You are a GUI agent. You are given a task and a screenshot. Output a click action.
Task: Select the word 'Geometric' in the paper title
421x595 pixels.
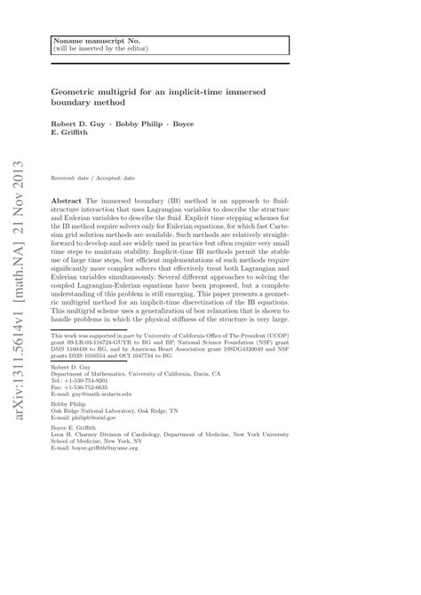85,91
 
